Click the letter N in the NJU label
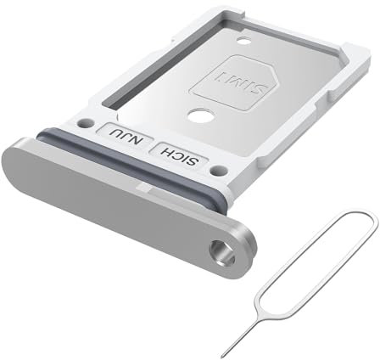coord(131,143)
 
